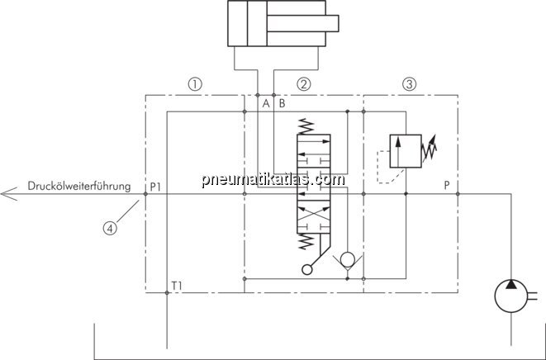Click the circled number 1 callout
click(195, 84)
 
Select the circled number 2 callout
click(303, 84)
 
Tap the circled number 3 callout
click(409, 84)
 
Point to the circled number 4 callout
click(110, 229)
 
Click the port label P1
click(155, 187)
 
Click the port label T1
click(177, 286)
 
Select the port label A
click(266, 103)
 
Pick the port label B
click(282, 103)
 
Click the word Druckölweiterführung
click(79, 186)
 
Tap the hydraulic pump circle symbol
click(510, 296)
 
